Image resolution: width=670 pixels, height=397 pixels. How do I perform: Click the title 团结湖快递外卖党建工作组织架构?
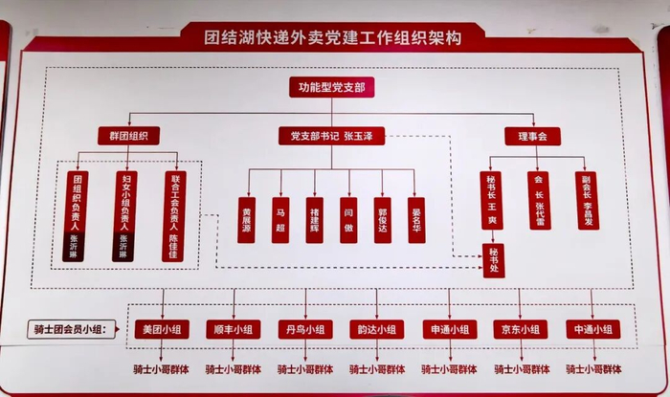click(x=334, y=38)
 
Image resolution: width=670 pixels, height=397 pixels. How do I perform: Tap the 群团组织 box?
click(x=127, y=136)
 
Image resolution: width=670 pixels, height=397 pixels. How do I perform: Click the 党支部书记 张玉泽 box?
click(x=331, y=136)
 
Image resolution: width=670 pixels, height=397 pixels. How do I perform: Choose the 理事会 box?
click(x=532, y=136)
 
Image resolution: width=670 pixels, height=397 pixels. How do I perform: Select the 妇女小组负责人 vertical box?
click(x=125, y=215)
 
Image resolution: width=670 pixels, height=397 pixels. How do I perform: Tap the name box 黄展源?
click(x=247, y=206)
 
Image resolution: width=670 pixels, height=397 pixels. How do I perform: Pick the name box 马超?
click(x=280, y=206)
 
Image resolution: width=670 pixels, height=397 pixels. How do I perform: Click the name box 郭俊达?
click(x=382, y=206)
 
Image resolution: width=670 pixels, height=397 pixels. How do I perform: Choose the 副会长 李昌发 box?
click(x=588, y=199)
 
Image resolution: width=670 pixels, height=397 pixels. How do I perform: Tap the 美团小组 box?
click(x=162, y=330)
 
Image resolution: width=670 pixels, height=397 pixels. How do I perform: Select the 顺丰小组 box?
click(x=234, y=330)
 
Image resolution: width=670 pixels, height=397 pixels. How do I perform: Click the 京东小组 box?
click(x=521, y=330)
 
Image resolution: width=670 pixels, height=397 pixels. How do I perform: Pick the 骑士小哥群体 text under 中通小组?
click(x=593, y=368)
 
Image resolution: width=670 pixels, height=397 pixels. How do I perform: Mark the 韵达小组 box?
click(x=377, y=330)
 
